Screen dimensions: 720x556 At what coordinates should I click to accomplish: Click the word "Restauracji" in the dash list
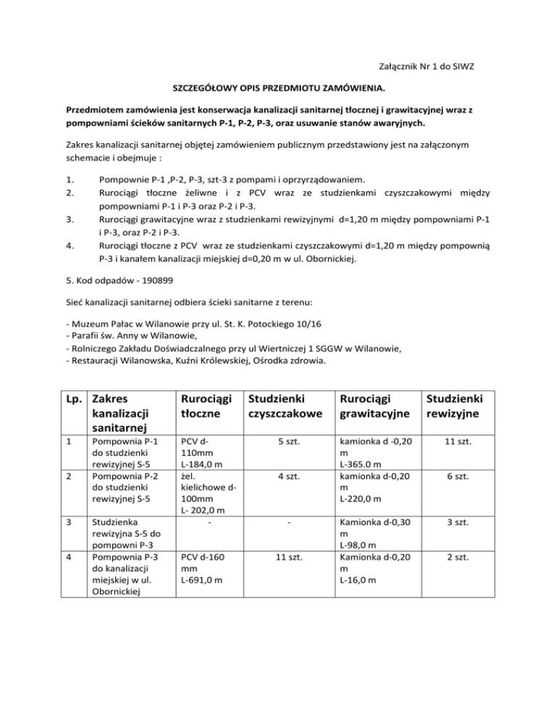click(93, 360)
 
